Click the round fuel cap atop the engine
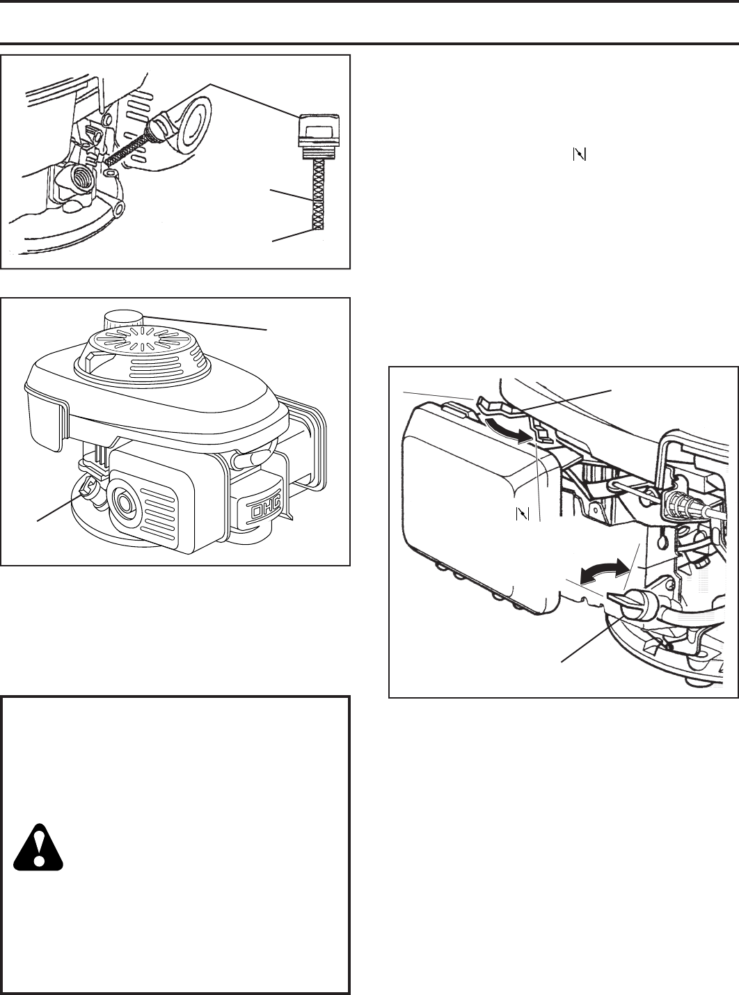tap(122, 323)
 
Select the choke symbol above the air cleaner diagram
tap(578, 155)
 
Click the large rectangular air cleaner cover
tap(473, 508)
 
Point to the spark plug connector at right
tap(685, 502)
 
